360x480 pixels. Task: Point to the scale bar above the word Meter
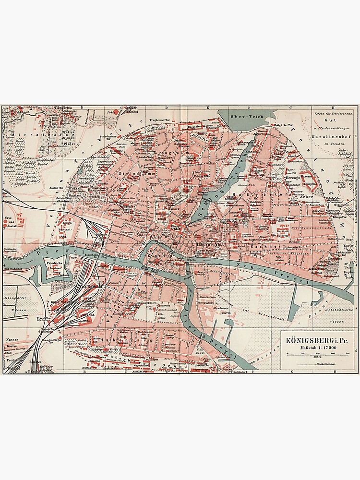317,354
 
